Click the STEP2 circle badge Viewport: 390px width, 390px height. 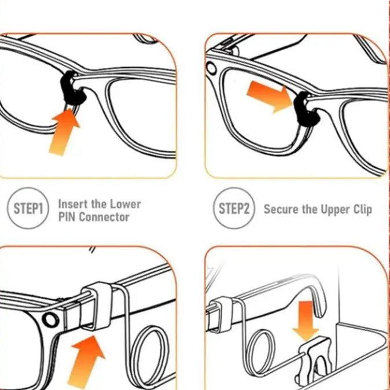(234, 209)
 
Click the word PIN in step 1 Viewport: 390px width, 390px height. (67, 218)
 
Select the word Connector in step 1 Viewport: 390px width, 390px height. (104, 218)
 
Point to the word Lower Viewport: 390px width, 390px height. (126, 204)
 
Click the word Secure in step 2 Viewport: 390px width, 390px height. (281, 209)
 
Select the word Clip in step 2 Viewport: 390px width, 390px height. (360, 209)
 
